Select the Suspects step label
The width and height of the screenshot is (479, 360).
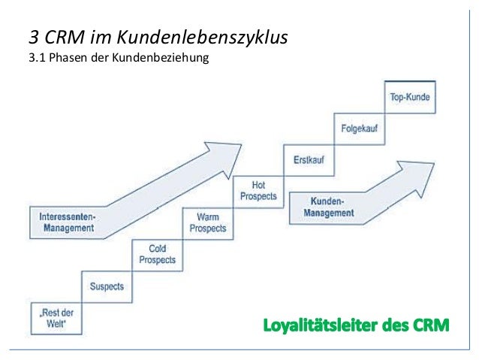click(x=107, y=286)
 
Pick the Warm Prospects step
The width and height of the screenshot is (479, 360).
click(x=207, y=222)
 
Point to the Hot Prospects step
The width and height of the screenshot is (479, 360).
click(x=258, y=191)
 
